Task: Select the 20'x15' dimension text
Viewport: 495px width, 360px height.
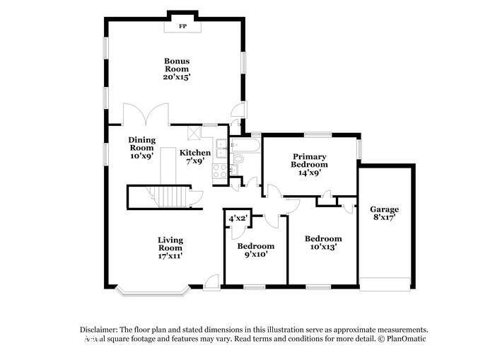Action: (177, 77)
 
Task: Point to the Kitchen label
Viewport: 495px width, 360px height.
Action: (194, 153)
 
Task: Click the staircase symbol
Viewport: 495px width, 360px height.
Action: (170, 196)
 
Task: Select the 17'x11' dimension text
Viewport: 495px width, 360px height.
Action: (170, 256)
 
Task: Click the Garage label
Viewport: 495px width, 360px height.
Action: (384, 209)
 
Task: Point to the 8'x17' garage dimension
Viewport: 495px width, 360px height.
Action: (384, 219)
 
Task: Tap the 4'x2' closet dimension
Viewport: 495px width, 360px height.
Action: (237, 219)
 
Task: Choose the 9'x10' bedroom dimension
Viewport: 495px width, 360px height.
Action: (255, 255)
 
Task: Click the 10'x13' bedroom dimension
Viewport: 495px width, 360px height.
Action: (322, 248)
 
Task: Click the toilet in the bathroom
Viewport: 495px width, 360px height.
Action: (238, 159)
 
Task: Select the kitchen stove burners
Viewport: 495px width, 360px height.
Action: (219, 170)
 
